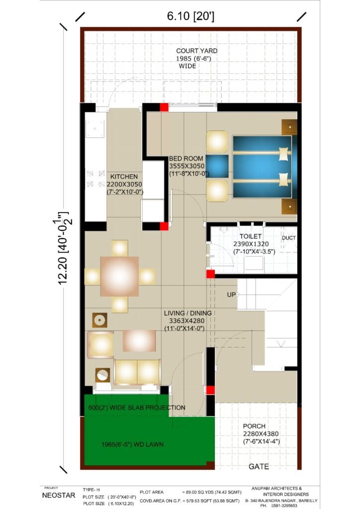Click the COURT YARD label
click(x=197, y=51)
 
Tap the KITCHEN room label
click(x=124, y=176)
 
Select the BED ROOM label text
click(x=186, y=159)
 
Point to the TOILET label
click(x=251, y=236)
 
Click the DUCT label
click(x=288, y=238)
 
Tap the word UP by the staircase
click(x=231, y=295)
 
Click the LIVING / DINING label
click(x=187, y=313)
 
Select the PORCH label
click(x=254, y=426)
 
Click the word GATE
click(x=259, y=466)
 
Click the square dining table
click(x=119, y=276)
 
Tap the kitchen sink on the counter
click(x=95, y=129)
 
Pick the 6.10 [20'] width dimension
click(x=190, y=15)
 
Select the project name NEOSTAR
click(x=59, y=496)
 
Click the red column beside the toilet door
click(x=210, y=274)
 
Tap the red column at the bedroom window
click(x=164, y=107)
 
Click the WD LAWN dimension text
click(x=132, y=444)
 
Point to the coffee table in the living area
click(x=139, y=340)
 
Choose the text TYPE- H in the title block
click(x=91, y=490)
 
